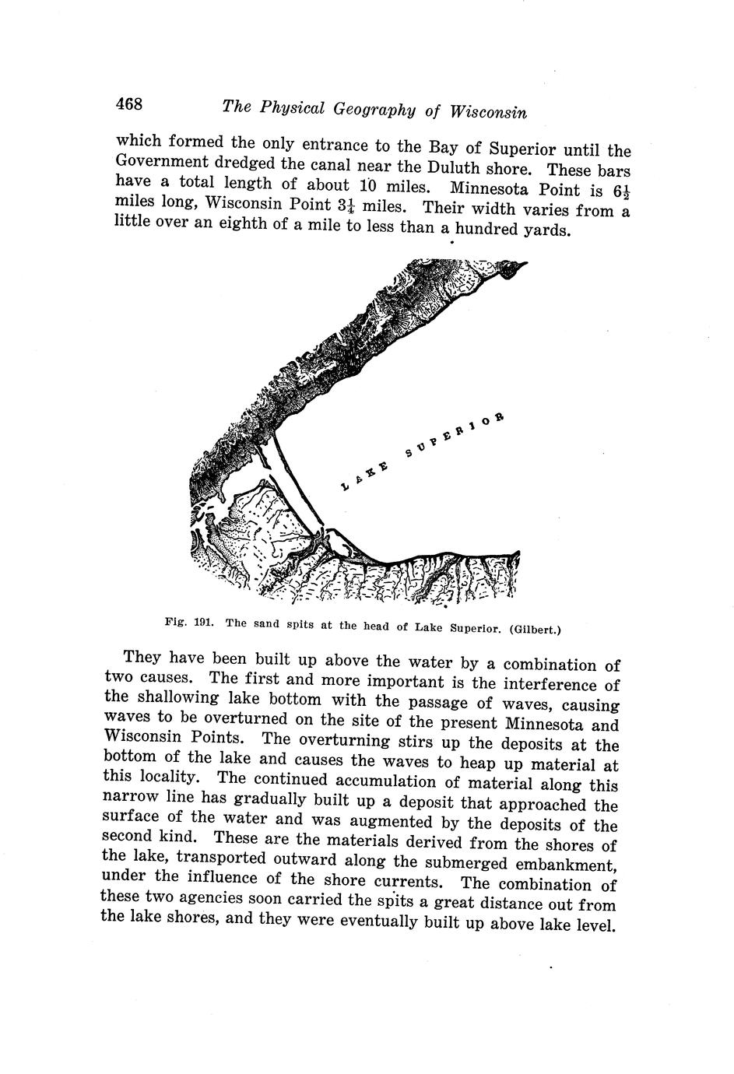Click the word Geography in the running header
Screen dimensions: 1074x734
click(x=374, y=110)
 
